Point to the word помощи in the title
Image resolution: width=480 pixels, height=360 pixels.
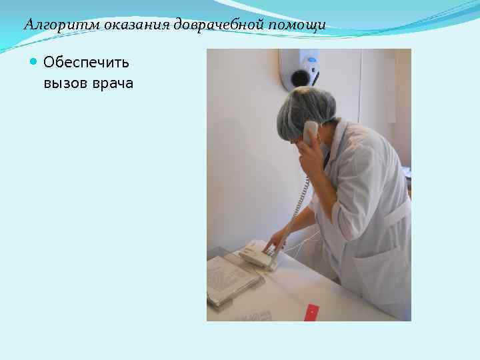(x=299, y=25)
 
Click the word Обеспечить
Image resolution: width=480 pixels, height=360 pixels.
(x=86, y=63)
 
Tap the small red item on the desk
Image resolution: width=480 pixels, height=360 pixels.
(x=311, y=312)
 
